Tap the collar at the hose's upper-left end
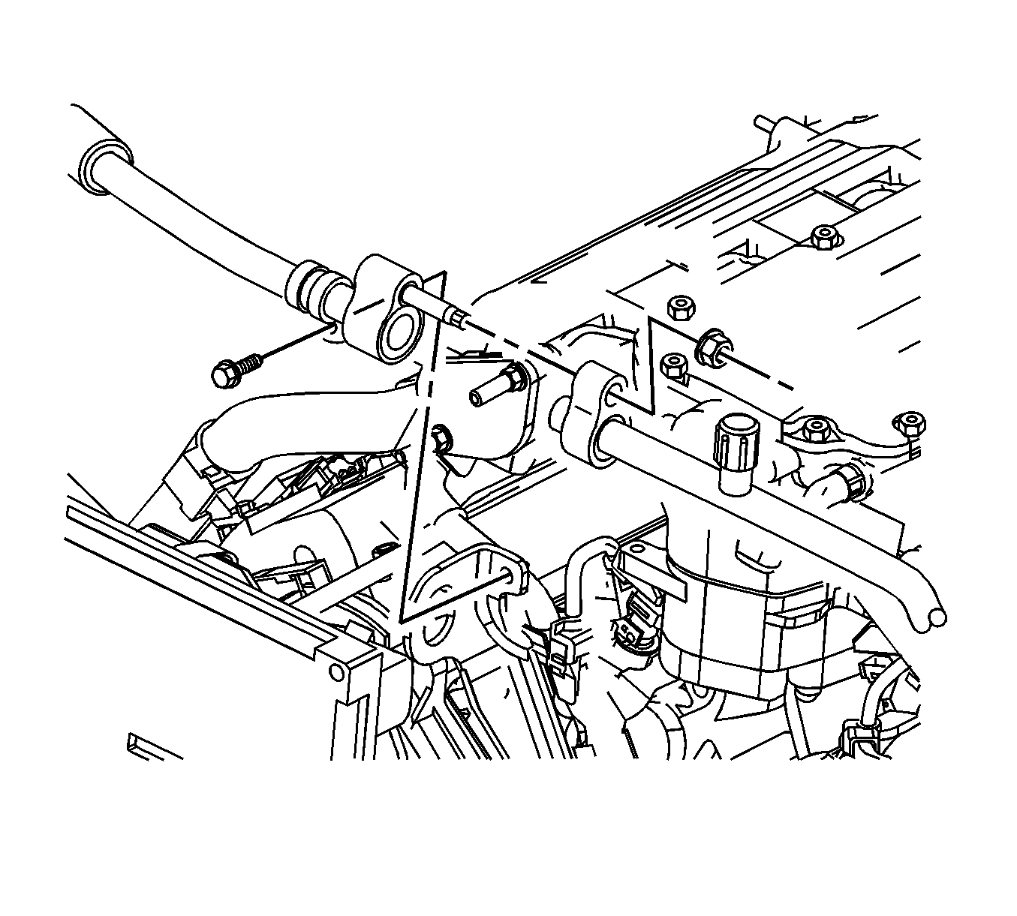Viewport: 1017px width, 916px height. click(x=102, y=160)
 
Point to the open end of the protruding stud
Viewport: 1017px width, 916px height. click(x=476, y=397)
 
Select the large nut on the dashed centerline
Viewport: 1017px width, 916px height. click(x=711, y=346)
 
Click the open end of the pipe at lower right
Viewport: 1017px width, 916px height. click(x=936, y=617)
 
